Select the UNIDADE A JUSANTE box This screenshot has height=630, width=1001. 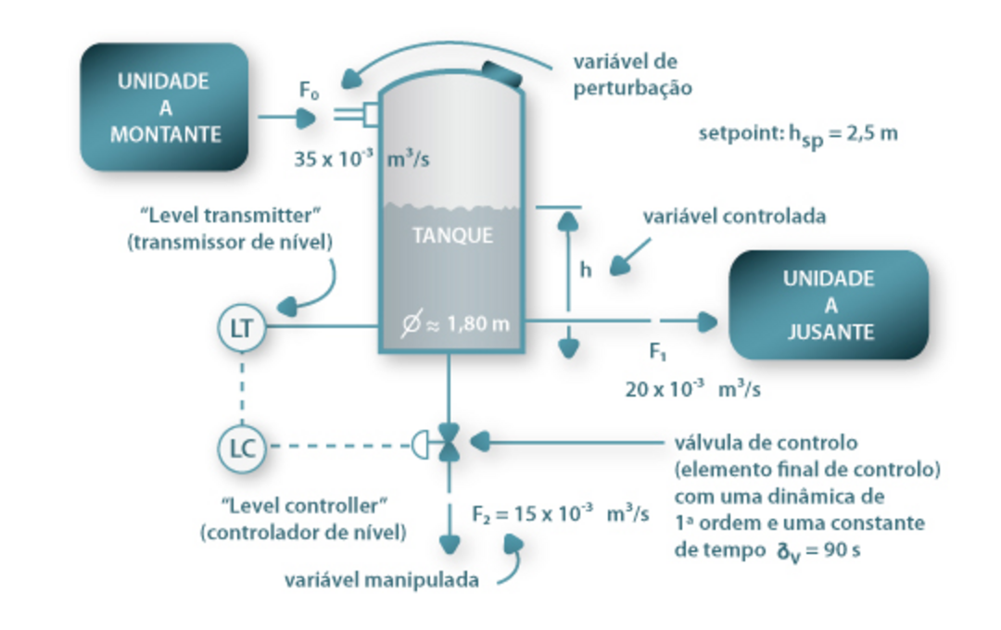(829, 305)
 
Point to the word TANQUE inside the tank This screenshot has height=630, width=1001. (452, 235)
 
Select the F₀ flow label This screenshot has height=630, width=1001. (309, 91)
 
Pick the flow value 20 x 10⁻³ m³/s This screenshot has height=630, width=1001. (692, 389)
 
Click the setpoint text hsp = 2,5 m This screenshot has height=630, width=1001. (797, 134)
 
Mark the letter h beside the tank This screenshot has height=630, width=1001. (586, 271)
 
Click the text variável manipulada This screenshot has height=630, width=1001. (383, 581)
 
